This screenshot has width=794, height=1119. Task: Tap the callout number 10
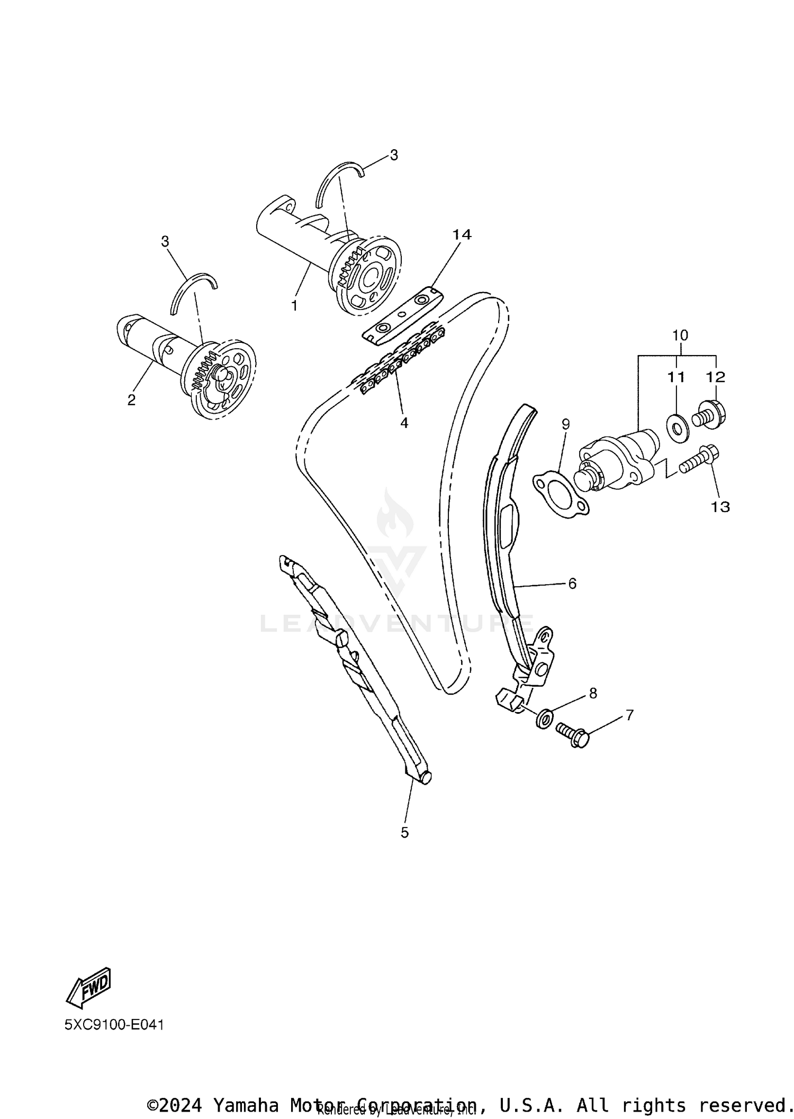pyautogui.click(x=680, y=335)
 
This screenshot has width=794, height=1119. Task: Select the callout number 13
pyautogui.click(x=720, y=507)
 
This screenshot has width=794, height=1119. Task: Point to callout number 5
pyautogui.click(x=404, y=833)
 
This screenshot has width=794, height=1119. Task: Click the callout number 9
pyautogui.click(x=565, y=424)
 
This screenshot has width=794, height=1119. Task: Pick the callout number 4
pyautogui.click(x=404, y=423)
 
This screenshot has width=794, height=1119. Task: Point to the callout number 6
pyautogui.click(x=572, y=583)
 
